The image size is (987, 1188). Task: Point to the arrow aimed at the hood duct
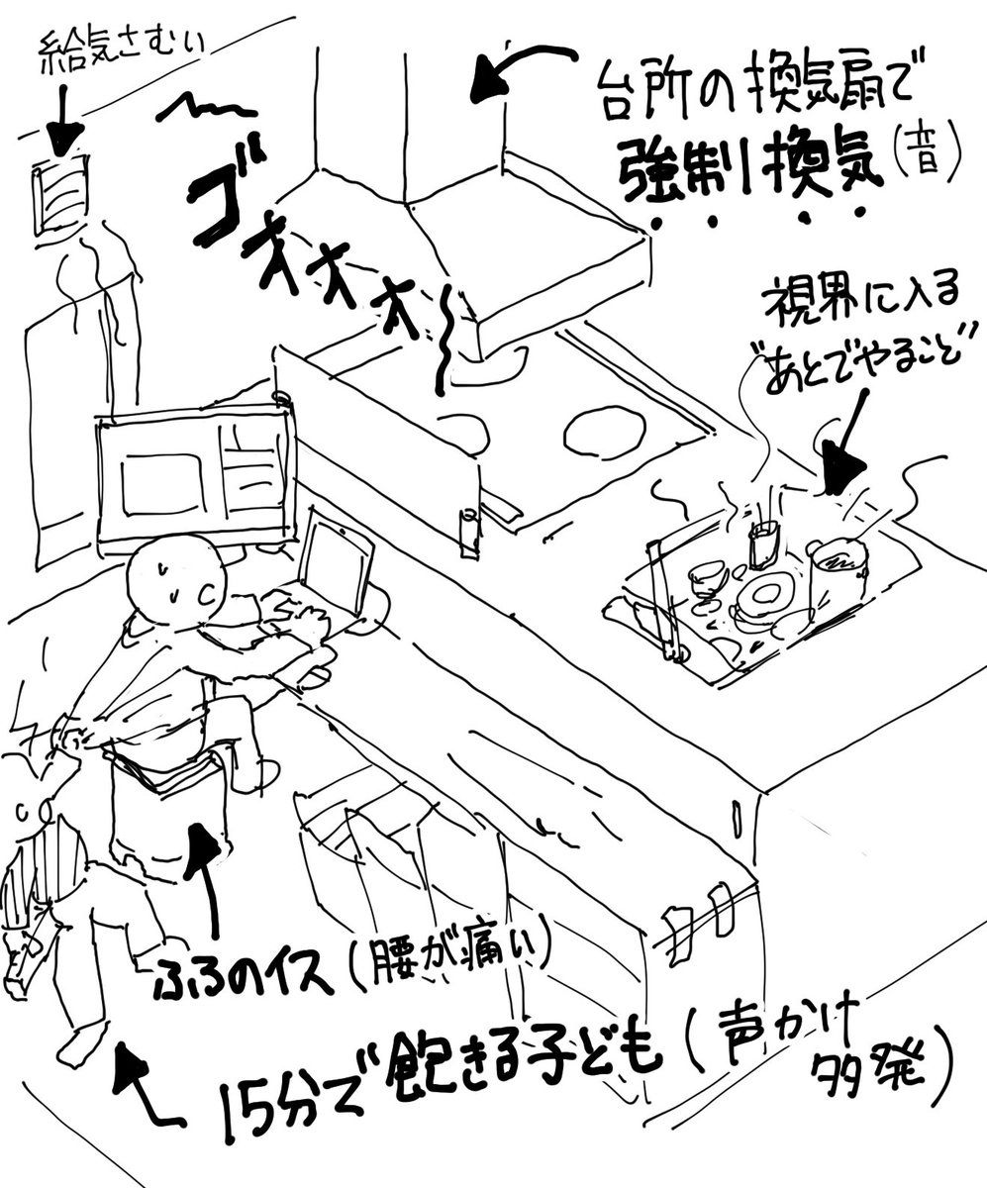point(520,71)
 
